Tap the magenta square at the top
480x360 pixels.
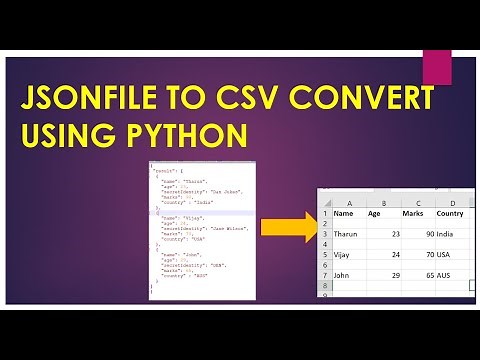tap(436, 68)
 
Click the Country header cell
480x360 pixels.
tap(450, 213)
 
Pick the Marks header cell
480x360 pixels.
tap(413, 213)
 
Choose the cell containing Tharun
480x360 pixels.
tap(346, 235)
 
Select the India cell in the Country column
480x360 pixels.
tap(446, 235)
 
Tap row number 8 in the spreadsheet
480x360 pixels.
tap(325, 286)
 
